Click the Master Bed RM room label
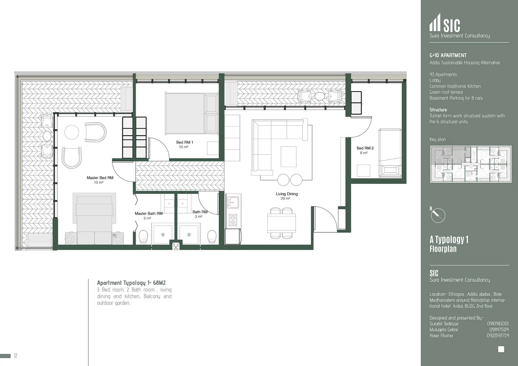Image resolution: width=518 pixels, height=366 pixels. (100, 178)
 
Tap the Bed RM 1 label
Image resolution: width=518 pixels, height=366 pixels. (185, 142)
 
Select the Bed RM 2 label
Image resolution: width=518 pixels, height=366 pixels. (365, 148)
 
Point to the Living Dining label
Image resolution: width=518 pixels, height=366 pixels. (287, 194)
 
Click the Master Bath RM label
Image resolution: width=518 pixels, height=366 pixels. (148, 214)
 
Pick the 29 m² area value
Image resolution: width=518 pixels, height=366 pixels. (285, 199)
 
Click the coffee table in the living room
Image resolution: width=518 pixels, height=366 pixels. (289, 156)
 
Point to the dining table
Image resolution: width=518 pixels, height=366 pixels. (282, 223)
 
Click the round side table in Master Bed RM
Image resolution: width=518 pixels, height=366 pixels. (72, 132)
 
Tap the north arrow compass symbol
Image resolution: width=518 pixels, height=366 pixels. (438, 215)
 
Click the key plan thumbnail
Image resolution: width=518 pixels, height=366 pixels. (471, 164)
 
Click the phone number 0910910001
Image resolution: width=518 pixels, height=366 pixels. (498, 324)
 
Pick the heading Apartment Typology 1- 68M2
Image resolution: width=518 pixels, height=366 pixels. (131, 283)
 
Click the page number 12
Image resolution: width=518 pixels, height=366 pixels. (16, 356)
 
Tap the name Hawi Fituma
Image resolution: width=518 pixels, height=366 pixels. (441, 336)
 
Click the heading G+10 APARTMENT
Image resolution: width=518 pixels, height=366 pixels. (448, 55)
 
